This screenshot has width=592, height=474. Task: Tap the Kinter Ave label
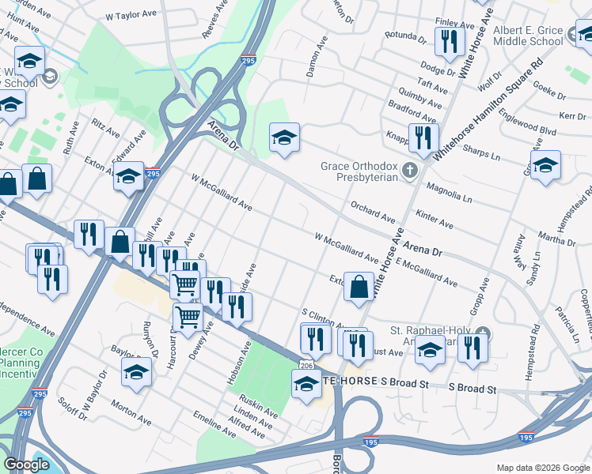(x=435, y=219)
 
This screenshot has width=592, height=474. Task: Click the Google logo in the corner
(x=27, y=465)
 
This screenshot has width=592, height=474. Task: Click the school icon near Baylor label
(x=137, y=373)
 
